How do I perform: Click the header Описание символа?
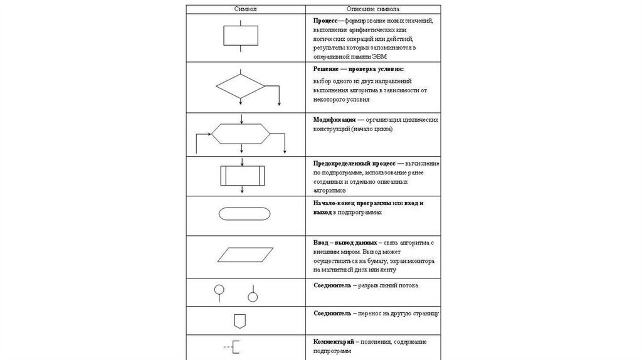374,10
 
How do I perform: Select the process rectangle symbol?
240,36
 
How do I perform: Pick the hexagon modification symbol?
241,134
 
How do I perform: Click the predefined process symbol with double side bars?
240,174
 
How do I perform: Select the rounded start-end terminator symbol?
245,214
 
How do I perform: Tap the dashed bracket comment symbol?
231,346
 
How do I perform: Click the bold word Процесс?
326,21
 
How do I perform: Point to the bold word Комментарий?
334,341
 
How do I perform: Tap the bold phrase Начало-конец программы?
352,203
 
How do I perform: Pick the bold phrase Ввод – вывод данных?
345,242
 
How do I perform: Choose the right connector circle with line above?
253,295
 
